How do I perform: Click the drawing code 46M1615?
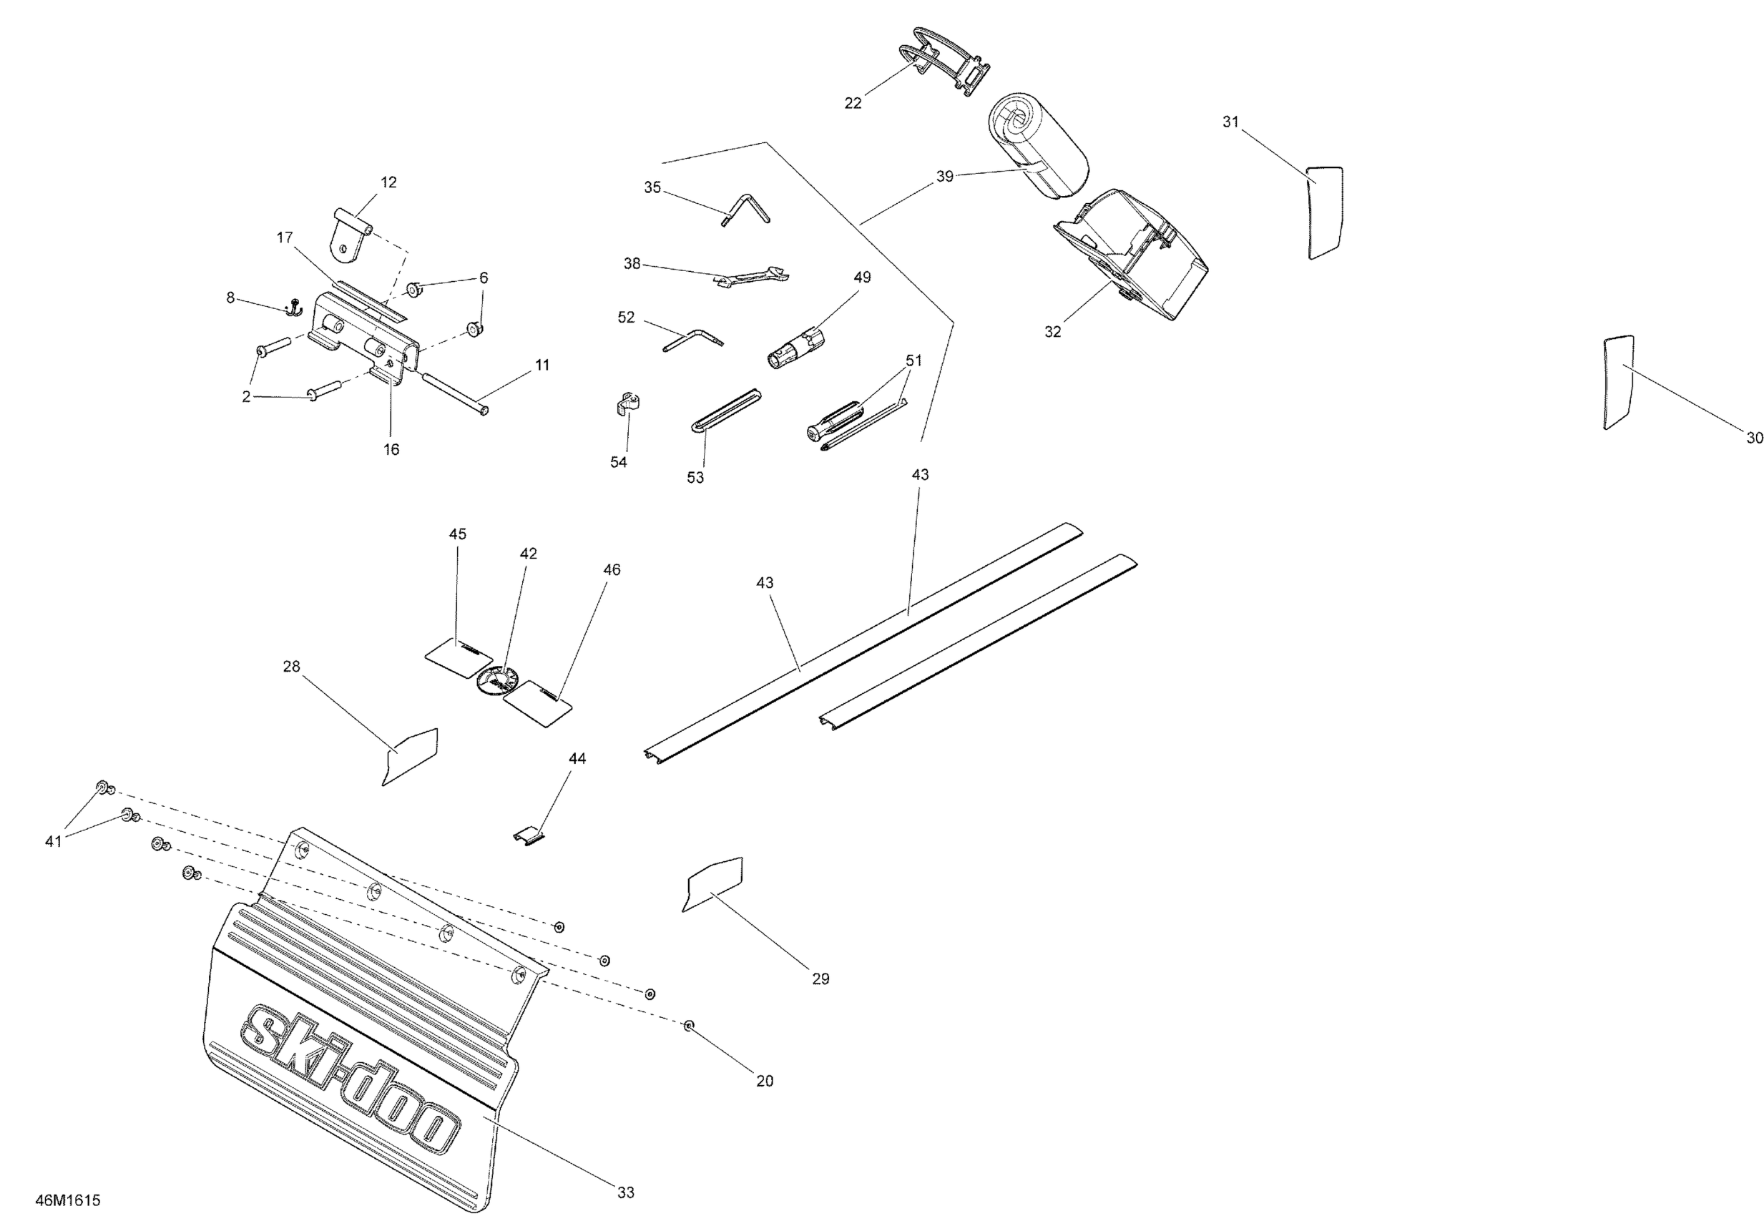click(x=68, y=1200)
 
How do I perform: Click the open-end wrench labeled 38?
click(x=753, y=278)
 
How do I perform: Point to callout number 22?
click(x=853, y=103)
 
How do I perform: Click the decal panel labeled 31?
click(x=1324, y=212)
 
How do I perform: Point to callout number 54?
click(x=618, y=461)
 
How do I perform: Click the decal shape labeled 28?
click(x=411, y=756)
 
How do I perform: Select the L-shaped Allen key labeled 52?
click(x=694, y=340)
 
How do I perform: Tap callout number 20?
click(x=764, y=1080)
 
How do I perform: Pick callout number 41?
click(x=53, y=841)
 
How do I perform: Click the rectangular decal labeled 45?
click(x=456, y=654)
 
